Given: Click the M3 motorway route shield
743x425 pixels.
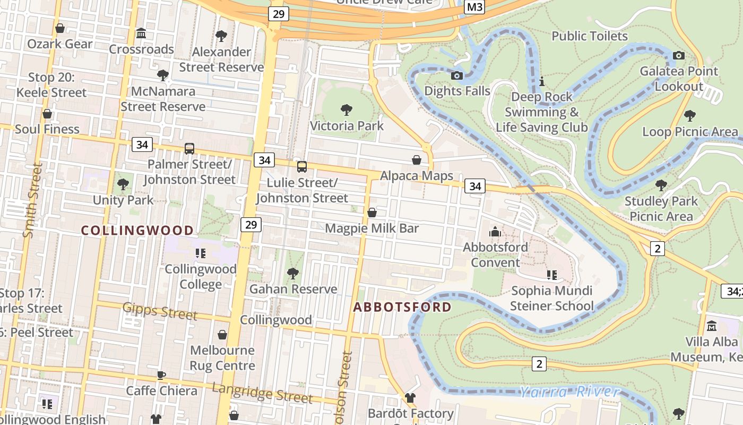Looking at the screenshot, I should coord(474,7).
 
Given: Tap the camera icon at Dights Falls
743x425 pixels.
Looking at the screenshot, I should coord(456,75).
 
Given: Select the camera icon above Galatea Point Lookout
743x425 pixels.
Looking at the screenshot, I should coord(678,55).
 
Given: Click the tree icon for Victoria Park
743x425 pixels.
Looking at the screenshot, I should coord(347,110).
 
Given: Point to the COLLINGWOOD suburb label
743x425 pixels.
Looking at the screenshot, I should coord(137,230).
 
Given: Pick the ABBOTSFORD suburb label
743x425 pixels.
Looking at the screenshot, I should coord(402,307).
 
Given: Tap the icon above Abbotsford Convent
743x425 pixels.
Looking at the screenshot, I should coord(495,231).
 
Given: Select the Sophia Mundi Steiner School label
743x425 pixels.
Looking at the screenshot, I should coord(552,299).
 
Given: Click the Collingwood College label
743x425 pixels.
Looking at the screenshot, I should coord(201,276).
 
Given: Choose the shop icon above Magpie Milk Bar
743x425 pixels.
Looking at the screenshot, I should coord(372,212).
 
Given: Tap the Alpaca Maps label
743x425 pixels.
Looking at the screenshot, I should coord(417,176).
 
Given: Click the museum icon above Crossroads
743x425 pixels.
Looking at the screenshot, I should coord(141,33).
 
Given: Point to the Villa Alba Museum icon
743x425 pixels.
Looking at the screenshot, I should coord(712,326).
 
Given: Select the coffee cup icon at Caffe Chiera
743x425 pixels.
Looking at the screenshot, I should coord(161,375).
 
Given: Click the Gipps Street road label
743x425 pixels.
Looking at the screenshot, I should coord(160,311).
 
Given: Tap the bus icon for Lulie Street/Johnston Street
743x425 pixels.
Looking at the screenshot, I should coord(301,167).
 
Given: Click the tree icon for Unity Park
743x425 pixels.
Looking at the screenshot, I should coord(123,184).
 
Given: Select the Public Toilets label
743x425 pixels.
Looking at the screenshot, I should coord(590,36).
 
